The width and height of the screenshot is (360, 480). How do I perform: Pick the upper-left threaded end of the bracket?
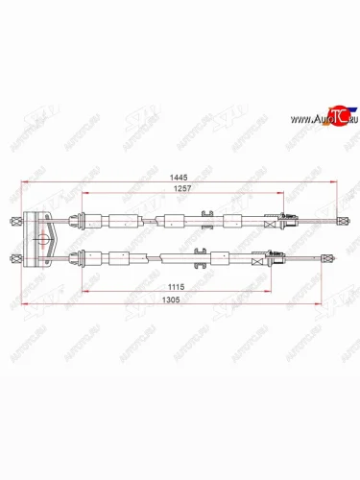[13, 220]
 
